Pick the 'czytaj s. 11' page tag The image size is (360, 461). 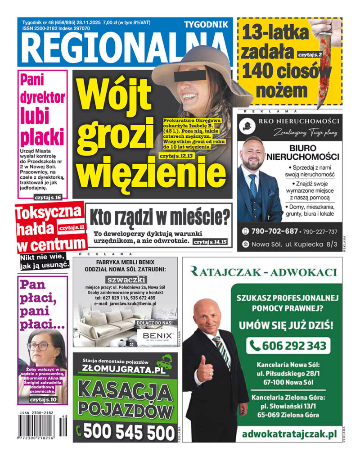pyautogui.click(x=72, y=228)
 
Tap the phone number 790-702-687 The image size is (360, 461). pyautogui.click(x=274, y=231)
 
